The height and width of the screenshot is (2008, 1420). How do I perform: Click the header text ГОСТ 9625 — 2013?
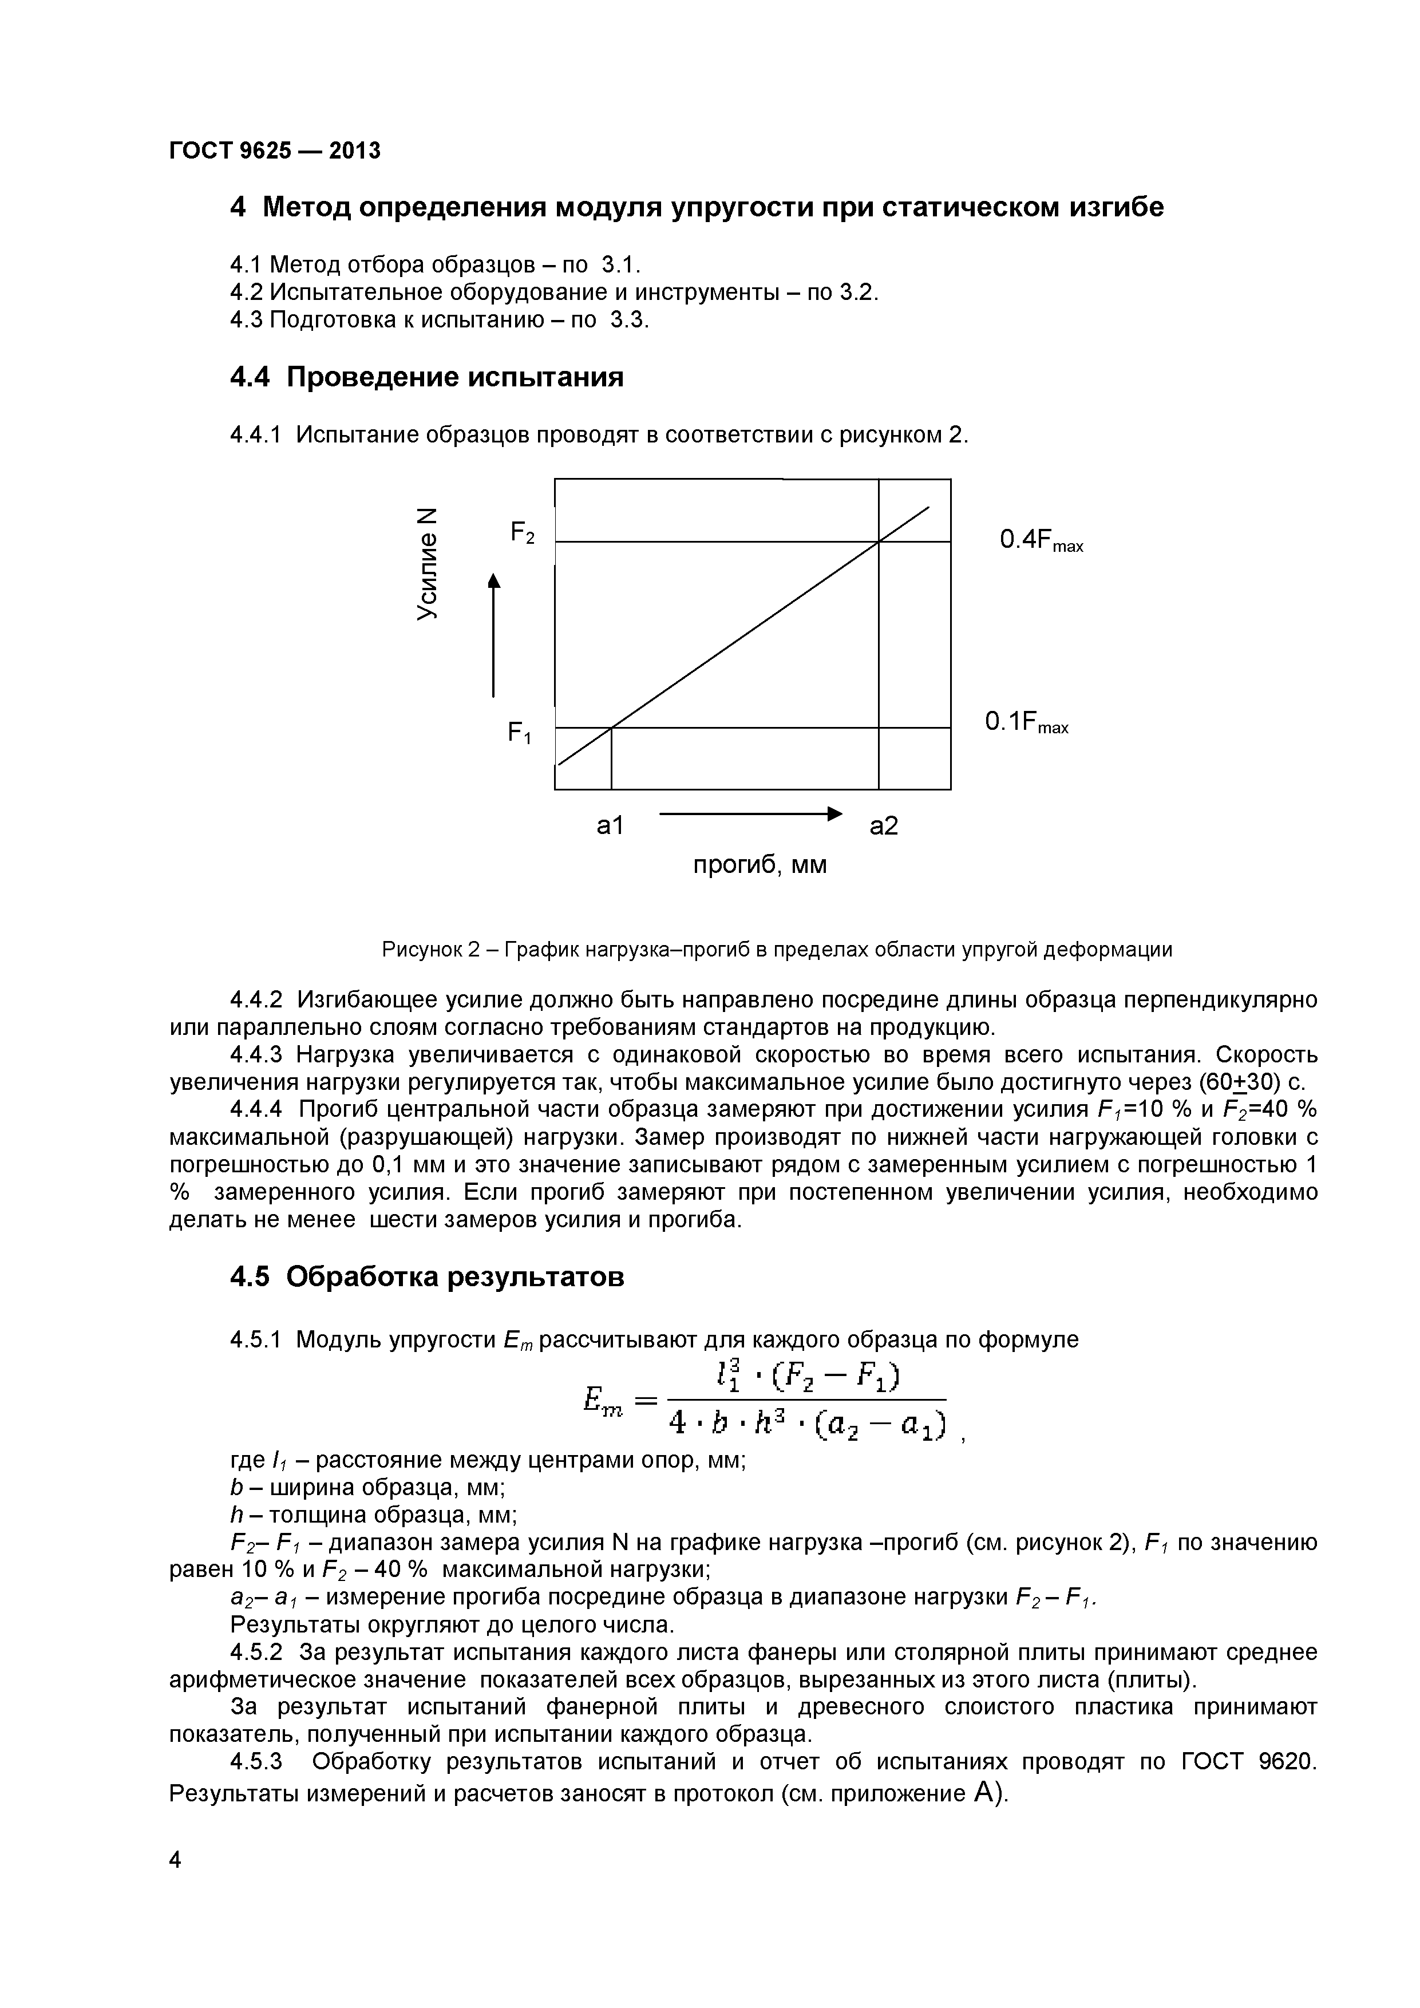(x=275, y=151)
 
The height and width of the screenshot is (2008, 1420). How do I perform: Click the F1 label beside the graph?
(x=519, y=732)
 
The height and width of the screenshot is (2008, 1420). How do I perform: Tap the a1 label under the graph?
(x=610, y=825)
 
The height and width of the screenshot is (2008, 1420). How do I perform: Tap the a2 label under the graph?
(x=884, y=825)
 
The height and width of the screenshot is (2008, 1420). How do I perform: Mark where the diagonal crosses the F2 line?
(x=879, y=542)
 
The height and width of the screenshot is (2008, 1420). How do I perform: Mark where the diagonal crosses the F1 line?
(x=611, y=727)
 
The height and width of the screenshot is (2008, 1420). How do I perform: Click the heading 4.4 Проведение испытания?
(x=427, y=377)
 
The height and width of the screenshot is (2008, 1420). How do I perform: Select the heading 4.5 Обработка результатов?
(x=427, y=1277)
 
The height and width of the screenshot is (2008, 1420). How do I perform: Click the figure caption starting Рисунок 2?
(x=777, y=950)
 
